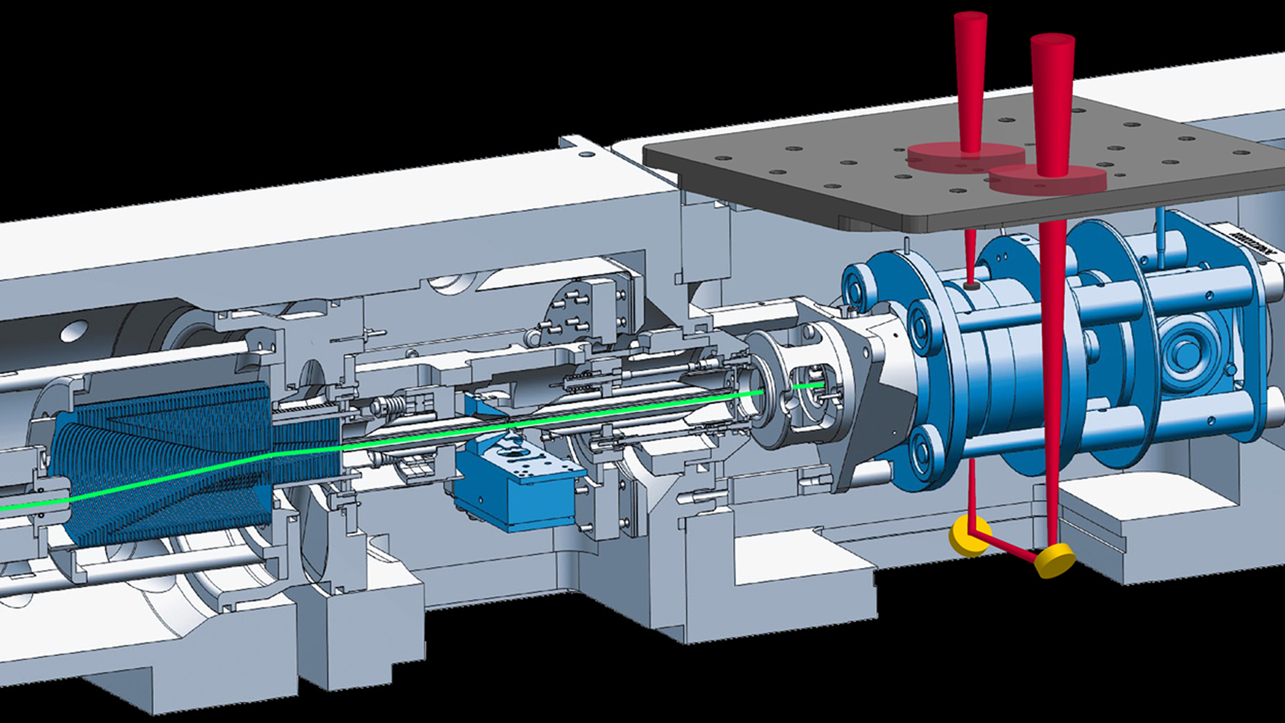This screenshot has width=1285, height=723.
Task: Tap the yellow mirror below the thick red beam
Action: coord(1055,560)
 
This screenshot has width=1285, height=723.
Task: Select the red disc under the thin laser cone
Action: coord(965,156)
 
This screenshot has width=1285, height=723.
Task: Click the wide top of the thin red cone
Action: coord(970,16)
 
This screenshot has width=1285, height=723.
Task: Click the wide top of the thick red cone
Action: coord(1052,39)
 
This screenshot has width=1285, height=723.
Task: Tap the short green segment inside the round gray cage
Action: coord(808,386)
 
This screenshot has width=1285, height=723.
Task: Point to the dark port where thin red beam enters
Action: coord(972,286)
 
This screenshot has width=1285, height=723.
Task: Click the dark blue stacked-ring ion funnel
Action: coord(170,463)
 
